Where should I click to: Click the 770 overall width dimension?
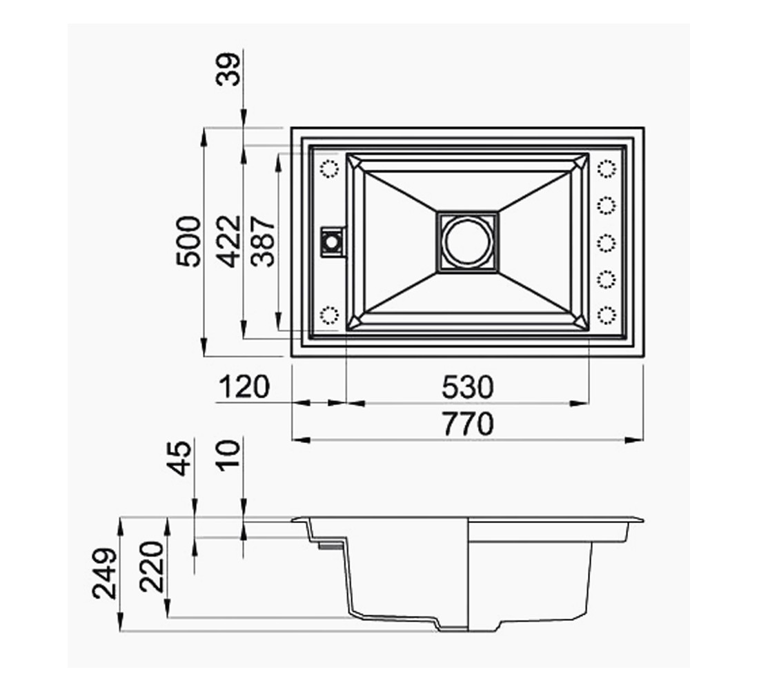pyautogui.click(x=468, y=424)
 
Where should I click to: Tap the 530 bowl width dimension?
pyautogui.click(x=468, y=387)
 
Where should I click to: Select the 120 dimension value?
pyautogui.click(x=244, y=387)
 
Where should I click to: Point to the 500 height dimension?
pyautogui.click(x=188, y=241)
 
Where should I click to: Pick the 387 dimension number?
pyautogui.click(x=264, y=241)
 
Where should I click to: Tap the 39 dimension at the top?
pyautogui.click(x=228, y=69)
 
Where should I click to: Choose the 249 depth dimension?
pyautogui.click(x=106, y=573)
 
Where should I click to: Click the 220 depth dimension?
pyautogui.click(x=152, y=567)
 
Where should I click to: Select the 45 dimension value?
pyautogui.click(x=179, y=458)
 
